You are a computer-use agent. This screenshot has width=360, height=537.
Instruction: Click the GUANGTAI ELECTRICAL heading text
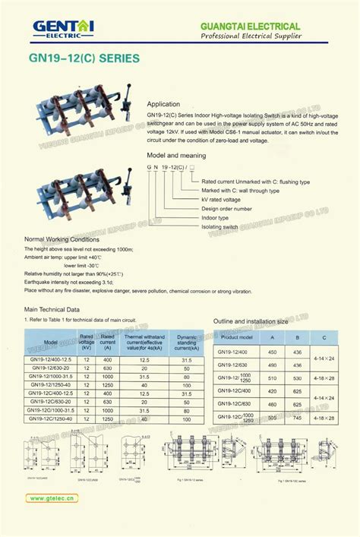point(250,26)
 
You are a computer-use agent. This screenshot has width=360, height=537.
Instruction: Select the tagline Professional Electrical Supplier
point(250,36)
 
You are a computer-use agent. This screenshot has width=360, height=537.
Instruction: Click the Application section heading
point(163,103)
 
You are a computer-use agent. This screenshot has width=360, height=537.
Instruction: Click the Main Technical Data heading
point(52,309)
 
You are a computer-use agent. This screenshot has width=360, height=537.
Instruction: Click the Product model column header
point(235,336)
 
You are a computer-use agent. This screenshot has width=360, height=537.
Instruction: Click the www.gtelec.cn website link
point(52,499)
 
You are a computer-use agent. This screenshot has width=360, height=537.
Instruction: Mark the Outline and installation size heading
point(251,321)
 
